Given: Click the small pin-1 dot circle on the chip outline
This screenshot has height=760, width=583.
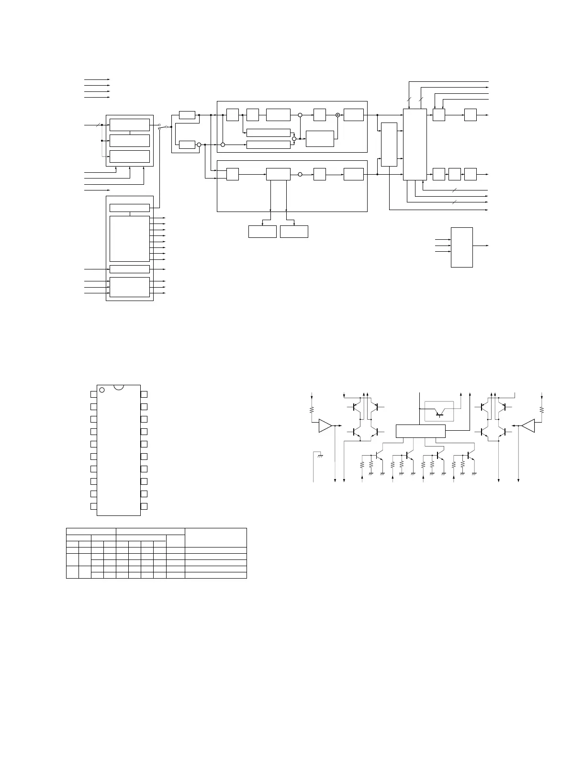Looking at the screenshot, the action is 101,390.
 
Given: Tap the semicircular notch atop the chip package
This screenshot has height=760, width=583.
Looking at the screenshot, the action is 119,386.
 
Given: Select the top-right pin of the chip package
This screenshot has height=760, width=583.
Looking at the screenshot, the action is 144,394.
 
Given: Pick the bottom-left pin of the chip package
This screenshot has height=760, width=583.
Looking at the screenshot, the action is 93,506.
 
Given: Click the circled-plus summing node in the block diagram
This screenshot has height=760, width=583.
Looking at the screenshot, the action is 337,115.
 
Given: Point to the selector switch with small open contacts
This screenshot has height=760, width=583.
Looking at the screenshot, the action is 163,126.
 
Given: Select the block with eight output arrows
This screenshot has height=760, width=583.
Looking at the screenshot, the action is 129,238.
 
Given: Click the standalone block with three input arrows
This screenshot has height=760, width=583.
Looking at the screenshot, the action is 461,247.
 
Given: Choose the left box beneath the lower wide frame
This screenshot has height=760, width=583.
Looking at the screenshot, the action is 262,232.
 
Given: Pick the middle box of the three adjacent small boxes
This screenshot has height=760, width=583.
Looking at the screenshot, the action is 454,174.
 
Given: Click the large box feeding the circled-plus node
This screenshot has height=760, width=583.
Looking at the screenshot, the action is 319,138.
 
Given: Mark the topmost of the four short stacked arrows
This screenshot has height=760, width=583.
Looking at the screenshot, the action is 97,79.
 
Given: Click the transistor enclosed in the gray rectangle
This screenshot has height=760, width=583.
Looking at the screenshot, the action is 439,411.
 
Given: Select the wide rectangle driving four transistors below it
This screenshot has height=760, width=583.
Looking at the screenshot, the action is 421,431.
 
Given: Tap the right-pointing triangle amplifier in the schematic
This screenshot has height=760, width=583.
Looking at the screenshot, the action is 325,425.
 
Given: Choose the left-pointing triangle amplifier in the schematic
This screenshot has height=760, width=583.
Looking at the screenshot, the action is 528,425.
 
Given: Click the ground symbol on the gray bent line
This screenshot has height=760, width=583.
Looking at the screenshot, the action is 320,456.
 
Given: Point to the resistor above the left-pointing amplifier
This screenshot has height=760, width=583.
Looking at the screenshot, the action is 542,410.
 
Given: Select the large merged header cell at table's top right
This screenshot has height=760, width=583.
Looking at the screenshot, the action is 215,537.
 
